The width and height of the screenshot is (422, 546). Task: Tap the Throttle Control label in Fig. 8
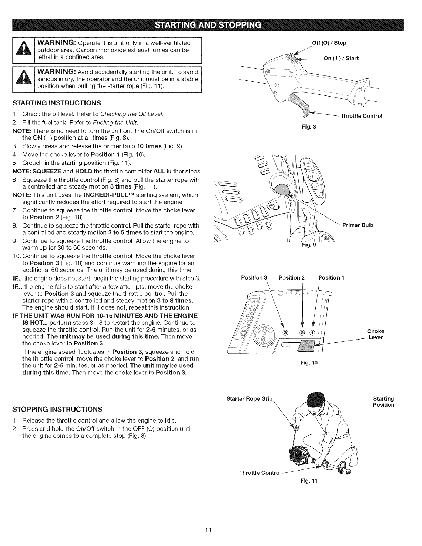point(361,116)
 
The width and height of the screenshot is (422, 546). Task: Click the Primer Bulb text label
point(358,225)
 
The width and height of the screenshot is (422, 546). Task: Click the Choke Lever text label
point(375,334)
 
